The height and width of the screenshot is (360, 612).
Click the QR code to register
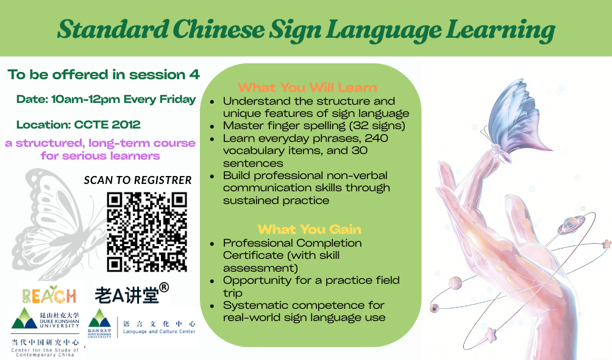coord(147,231)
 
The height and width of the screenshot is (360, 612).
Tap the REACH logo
coord(49,295)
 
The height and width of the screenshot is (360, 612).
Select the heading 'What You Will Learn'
coord(308,87)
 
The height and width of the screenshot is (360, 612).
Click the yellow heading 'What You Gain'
coord(310,229)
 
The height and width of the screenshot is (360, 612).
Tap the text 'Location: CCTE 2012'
coord(79,125)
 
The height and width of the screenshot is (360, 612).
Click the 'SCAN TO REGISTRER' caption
coord(138,180)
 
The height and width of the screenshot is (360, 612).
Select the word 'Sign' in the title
coord(296,30)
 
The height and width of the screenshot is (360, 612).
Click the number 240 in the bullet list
coord(376,138)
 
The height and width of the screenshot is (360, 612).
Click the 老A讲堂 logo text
coord(127,295)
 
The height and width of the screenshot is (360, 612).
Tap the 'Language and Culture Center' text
coord(159,331)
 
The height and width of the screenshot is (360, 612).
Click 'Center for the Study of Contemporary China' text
coord(45,353)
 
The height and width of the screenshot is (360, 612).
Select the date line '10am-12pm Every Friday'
coord(123,99)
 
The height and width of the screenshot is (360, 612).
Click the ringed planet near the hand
coord(570,224)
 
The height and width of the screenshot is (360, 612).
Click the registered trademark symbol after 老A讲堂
coord(165,288)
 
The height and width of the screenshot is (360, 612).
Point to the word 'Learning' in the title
coord(500,30)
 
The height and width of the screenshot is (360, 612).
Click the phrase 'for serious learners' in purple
coord(101,156)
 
